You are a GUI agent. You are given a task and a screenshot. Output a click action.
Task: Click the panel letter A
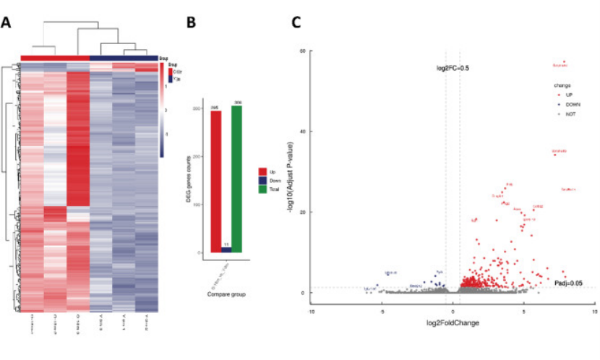[6, 22]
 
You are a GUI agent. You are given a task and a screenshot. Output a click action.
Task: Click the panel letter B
[192, 22]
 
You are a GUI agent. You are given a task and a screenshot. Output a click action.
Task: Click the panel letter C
[296, 22]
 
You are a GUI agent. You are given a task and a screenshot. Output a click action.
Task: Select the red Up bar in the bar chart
[215, 181]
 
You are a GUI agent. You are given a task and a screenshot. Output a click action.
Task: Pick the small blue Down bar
[226, 249]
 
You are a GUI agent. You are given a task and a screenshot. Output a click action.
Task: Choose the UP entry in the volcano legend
[567, 94]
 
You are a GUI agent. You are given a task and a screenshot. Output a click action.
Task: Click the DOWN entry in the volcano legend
[569, 104]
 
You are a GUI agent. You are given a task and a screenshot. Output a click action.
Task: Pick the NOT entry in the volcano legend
[567, 114]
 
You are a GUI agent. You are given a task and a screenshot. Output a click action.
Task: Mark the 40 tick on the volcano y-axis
[304, 132]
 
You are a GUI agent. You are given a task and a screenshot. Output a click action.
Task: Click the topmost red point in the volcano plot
[564, 61]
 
